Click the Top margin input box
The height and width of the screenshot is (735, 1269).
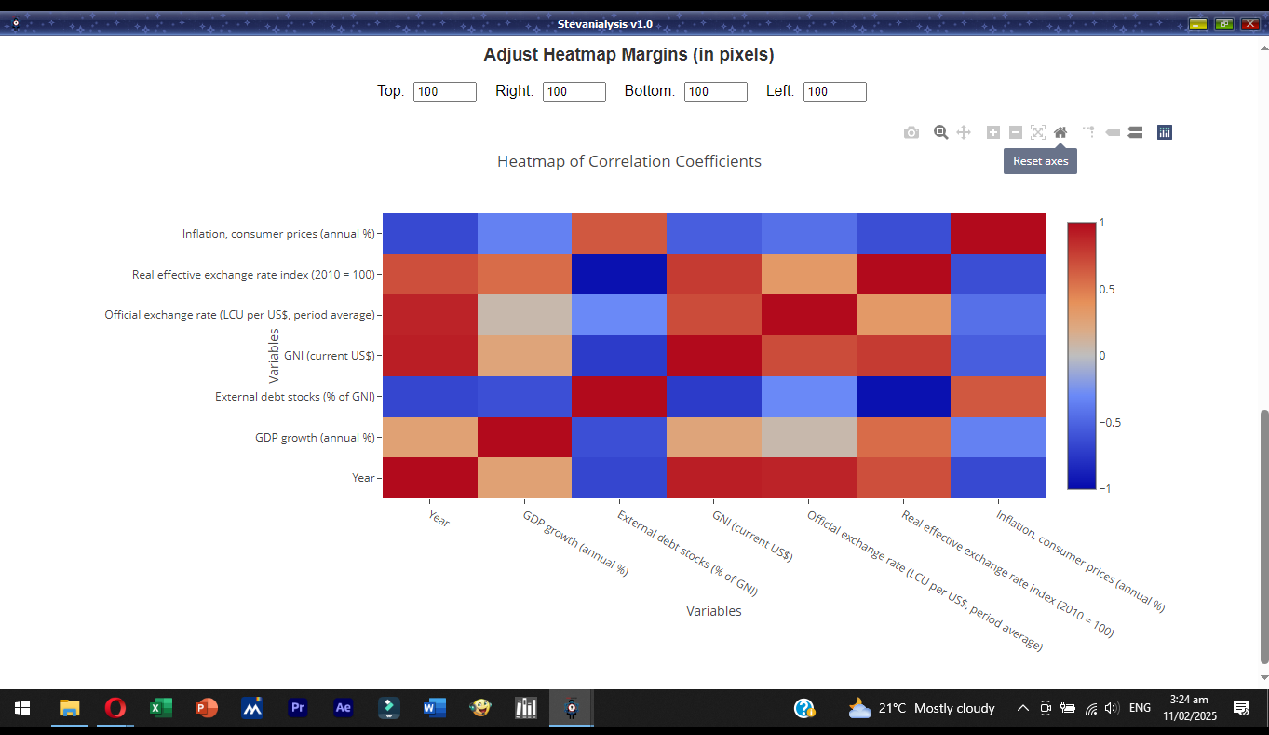(x=445, y=91)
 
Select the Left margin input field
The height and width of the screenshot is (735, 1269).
(x=834, y=91)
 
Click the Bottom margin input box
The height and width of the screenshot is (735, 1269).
(x=716, y=91)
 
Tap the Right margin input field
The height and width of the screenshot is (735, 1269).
(x=574, y=91)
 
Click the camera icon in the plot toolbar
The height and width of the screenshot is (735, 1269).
(x=911, y=132)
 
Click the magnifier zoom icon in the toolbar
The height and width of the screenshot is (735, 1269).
(x=941, y=132)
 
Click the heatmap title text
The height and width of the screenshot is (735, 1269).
(x=628, y=161)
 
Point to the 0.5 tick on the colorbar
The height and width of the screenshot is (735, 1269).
(x=1106, y=290)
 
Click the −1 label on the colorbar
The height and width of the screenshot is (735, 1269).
(x=1105, y=488)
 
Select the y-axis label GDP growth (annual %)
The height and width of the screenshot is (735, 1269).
(x=315, y=438)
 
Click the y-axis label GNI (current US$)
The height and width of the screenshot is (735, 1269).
(x=330, y=356)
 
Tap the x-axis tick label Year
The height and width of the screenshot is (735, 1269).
(x=439, y=518)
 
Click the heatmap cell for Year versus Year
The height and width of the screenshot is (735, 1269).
(x=430, y=478)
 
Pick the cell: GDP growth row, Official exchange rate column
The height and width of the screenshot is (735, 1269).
(x=808, y=438)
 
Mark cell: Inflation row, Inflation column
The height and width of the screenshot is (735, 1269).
(x=998, y=234)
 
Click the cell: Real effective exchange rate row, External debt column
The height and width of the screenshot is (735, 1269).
(x=619, y=274)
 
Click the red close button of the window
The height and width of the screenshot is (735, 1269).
(x=1249, y=24)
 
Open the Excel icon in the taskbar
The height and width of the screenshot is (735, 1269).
(x=160, y=708)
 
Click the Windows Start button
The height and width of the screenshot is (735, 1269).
(x=22, y=708)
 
